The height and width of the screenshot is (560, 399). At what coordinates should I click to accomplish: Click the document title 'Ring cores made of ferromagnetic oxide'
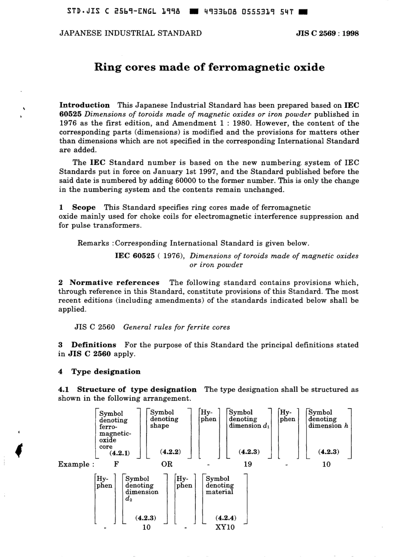coord(209,68)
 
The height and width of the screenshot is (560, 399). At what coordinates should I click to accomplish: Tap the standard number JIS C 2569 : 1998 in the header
coord(327,34)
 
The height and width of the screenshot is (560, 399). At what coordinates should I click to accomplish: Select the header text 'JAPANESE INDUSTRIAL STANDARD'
coord(131,34)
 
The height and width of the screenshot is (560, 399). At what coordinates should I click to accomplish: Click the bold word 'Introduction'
coord(84,105)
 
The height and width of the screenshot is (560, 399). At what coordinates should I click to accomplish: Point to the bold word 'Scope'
coord(84,207)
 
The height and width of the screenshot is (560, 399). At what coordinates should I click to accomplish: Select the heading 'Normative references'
coord(114,283)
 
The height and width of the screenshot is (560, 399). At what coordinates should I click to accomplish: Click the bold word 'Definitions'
coord(94,345)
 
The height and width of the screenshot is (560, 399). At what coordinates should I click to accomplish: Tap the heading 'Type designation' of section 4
coord(106,372)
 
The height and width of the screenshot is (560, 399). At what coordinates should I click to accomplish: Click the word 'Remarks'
coord(94,243)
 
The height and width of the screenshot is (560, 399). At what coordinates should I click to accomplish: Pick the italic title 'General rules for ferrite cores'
coord(176,327)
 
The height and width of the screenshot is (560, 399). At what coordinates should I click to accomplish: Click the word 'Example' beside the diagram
coord(74,464)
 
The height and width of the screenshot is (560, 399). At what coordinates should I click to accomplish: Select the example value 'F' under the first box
coord(116,464)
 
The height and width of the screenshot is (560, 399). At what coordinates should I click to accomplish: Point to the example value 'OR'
coord(167,464)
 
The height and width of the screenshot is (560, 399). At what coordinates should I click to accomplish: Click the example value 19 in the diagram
coord(248,464)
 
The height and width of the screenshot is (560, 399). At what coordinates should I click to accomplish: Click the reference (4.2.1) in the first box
coord(120,453)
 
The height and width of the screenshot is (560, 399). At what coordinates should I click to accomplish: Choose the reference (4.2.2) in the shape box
coord(171,452)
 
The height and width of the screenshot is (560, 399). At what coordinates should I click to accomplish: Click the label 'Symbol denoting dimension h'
coord(328,419)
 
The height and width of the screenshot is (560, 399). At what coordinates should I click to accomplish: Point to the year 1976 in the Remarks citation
coord(171,256)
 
